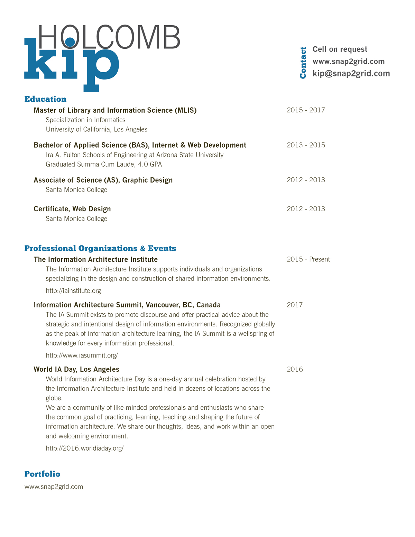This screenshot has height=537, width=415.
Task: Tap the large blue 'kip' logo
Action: click(x=71, y=64)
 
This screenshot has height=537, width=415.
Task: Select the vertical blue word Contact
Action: click(x=303, y=63)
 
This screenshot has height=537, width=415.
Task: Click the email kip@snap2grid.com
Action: click(x=351, y=73)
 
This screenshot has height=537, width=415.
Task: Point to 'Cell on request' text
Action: click(x=340, y=49)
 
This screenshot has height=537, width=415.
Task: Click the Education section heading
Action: click(x=45, y=99)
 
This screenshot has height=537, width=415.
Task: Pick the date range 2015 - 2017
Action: click(x=306, y=110)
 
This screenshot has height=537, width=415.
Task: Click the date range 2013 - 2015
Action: click(x=306, y=145)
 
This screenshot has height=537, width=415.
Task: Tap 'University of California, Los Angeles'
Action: click(x=96, y=129)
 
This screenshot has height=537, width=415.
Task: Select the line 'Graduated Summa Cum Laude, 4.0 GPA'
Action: click(x=104, y=164)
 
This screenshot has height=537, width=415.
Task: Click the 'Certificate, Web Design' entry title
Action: click(x=72, y=209)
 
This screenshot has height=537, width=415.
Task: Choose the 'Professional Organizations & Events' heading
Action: click(x=100, y=248)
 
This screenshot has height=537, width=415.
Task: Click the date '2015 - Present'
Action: click(x=308, y=259)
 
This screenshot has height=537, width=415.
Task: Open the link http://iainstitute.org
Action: click(x=73, y=291)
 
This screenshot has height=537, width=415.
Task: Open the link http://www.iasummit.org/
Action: click(x=82, y=355)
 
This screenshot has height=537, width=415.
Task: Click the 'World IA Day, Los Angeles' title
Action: click(x=76, y=369)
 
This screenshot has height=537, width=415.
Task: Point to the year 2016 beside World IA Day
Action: click(x=295, y=369)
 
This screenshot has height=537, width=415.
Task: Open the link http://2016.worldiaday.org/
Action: click(x=85, y=448)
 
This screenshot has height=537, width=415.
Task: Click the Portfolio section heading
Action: click(x=42, y=474)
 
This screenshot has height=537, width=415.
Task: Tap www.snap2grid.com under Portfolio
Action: click(x=54, y=487)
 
